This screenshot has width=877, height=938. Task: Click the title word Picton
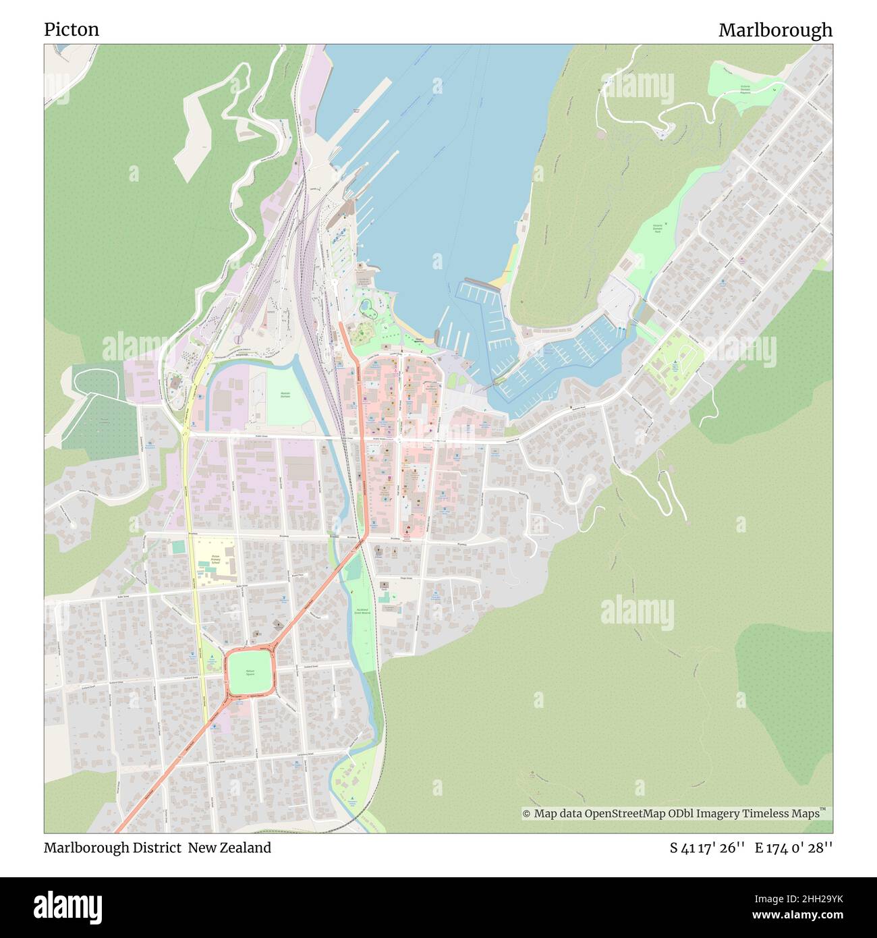(x=72, y=30)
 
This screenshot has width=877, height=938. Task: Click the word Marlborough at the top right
(x=774, y=30)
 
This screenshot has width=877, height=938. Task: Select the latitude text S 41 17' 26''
(x=706, y=848)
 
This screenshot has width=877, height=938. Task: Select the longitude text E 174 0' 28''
(x=793, y=848)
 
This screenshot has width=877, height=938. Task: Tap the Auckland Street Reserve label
(x=362, y=612)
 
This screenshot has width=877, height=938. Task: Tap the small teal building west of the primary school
(x=177, y=547)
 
